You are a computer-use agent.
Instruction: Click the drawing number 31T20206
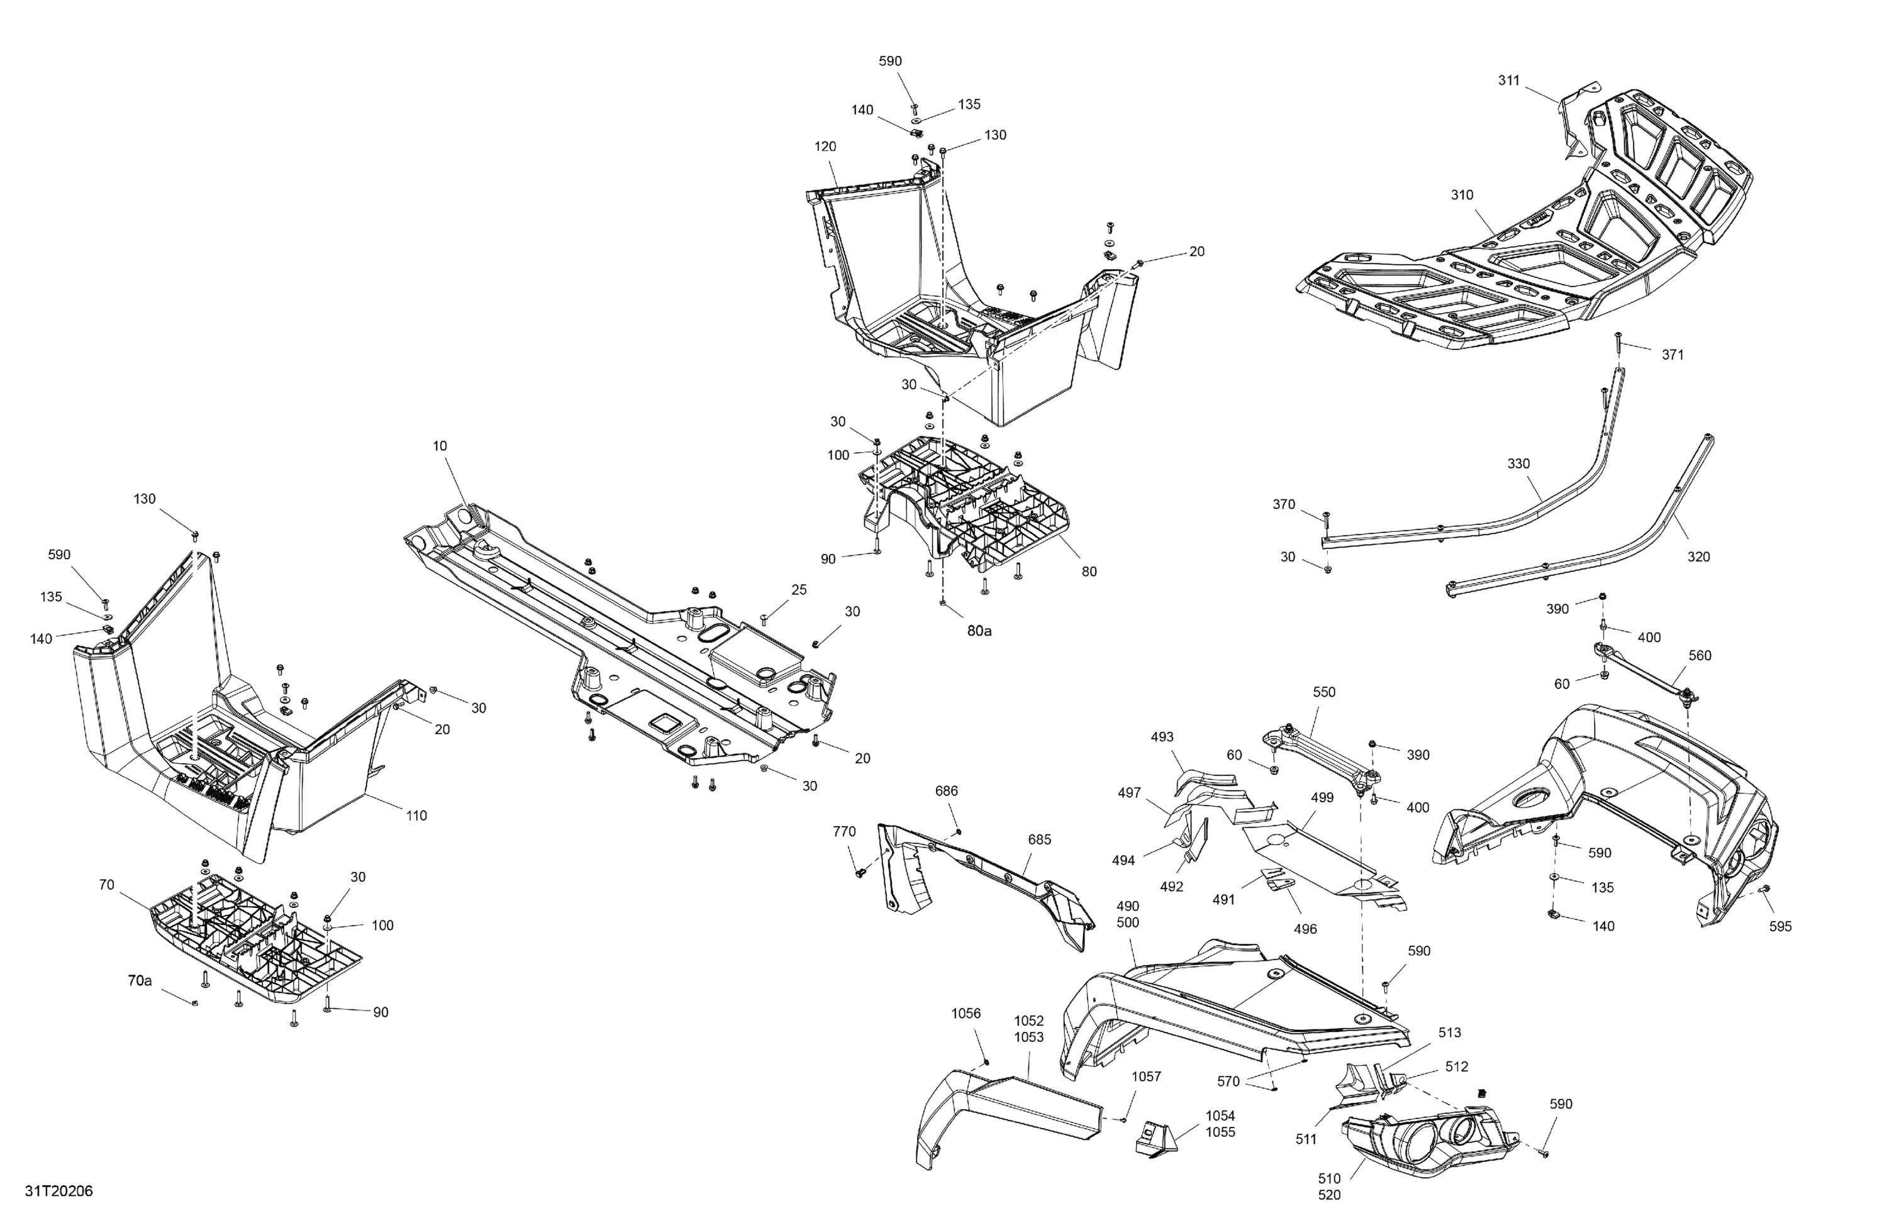[58, 1192]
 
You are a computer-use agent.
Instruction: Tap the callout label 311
[1509, 80]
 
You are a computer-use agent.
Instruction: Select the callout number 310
[1461, 195]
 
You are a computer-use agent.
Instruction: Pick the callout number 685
[1040, 839]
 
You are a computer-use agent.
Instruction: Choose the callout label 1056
[966, 1013]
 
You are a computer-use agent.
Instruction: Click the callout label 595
[1780, 927]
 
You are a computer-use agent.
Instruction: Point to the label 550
[1324, 692]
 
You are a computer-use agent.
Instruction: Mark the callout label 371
[1672, 355]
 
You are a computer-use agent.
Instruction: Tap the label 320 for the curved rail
[1698, 557]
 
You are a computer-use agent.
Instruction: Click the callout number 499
[1322, 798]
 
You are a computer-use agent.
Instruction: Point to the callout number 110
[416, 816]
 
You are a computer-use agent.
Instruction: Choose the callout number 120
[825, 147]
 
